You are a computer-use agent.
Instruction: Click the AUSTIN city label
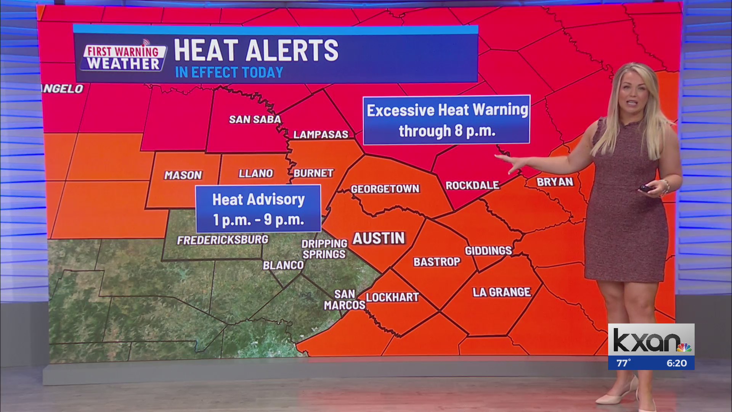pos(379,238)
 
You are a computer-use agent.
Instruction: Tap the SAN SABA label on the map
pos(255,119)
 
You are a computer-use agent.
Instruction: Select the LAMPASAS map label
pos(321,134)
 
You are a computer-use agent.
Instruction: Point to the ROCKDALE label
pos(472,185)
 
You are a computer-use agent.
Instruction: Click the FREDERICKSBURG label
pos(223,240)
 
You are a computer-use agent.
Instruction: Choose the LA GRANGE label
pos(501,292)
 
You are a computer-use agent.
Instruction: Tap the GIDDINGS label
pos(488,251)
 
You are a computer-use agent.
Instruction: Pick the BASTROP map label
pos(437,262)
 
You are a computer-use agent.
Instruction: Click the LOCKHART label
pos(392,297)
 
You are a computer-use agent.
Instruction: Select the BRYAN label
pos(555,182)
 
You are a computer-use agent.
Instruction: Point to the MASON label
pos(183,175)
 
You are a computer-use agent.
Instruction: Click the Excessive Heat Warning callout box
pos(447,120)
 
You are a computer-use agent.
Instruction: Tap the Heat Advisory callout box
pos(258,209)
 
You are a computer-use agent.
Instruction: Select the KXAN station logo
pos(651,341)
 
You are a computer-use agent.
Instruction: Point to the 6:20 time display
pos(676,363)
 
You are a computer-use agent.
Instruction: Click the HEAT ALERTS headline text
pos(256,50)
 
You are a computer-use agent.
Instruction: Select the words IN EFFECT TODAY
pos(229,72)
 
